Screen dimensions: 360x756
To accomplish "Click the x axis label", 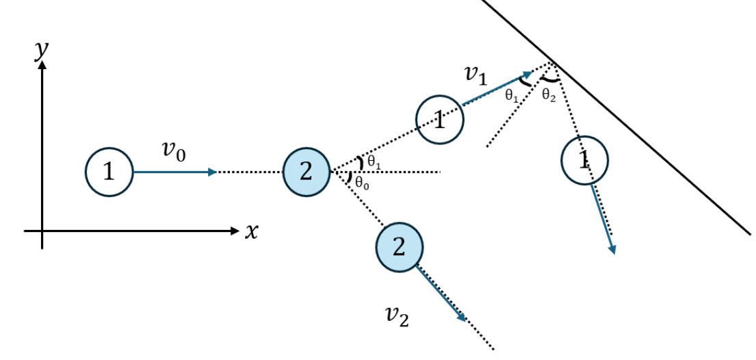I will coord(252,232).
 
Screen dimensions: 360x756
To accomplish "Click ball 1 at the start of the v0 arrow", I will coord(109,172).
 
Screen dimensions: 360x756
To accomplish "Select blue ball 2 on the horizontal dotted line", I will coord(307,172).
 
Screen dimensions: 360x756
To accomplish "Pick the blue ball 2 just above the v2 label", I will coord(398,246).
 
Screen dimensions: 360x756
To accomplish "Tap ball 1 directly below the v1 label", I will coord(440,120).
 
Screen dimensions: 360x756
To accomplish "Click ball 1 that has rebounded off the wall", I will coord(584,160).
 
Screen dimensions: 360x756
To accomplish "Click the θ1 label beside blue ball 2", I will coord(374,162).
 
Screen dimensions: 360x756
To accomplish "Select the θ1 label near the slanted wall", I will coord(512,96).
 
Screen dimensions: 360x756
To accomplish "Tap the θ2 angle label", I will coord(549,95).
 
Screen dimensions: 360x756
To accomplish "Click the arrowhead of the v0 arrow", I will coord(213,172).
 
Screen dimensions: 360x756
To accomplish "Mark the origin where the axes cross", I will coord(42,231).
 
